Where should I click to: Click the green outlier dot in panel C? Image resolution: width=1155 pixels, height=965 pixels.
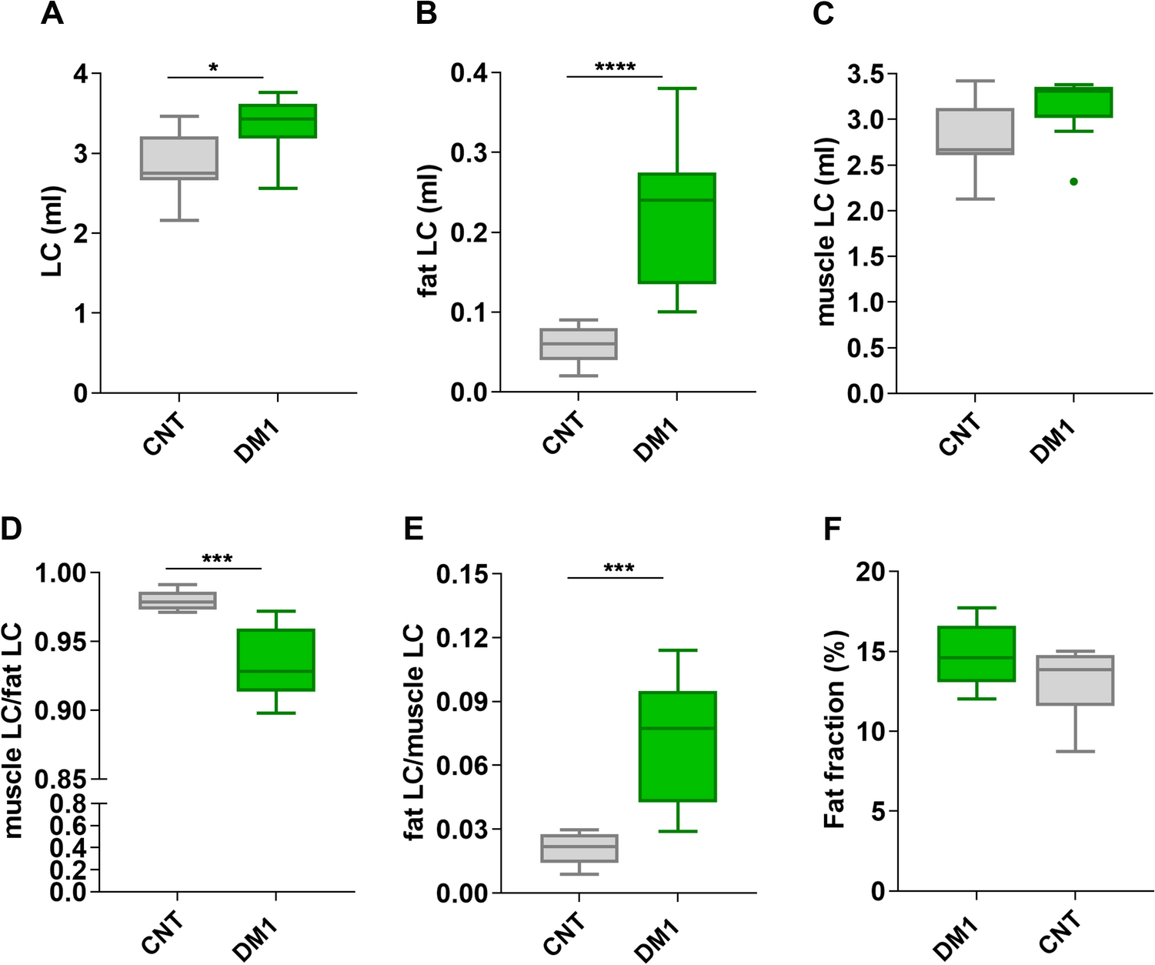1073,182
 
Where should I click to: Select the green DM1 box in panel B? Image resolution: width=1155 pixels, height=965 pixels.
677,229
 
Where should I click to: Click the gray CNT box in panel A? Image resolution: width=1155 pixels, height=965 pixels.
179,159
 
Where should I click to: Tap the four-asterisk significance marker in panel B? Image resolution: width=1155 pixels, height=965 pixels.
615,68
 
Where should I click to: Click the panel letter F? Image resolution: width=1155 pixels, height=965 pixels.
833,529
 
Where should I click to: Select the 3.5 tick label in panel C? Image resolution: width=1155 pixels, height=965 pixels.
866,75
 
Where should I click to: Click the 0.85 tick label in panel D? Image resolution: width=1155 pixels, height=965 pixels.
61,780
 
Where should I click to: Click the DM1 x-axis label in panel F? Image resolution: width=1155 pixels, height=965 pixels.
956,940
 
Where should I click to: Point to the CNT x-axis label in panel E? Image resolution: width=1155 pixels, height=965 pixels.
564,933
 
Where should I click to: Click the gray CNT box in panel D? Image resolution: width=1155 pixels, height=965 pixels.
178,600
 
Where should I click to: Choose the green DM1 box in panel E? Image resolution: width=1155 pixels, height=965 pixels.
677,746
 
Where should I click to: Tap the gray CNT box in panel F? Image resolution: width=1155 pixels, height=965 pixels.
1074,680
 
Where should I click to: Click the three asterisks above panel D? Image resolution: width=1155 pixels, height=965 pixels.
217,559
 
